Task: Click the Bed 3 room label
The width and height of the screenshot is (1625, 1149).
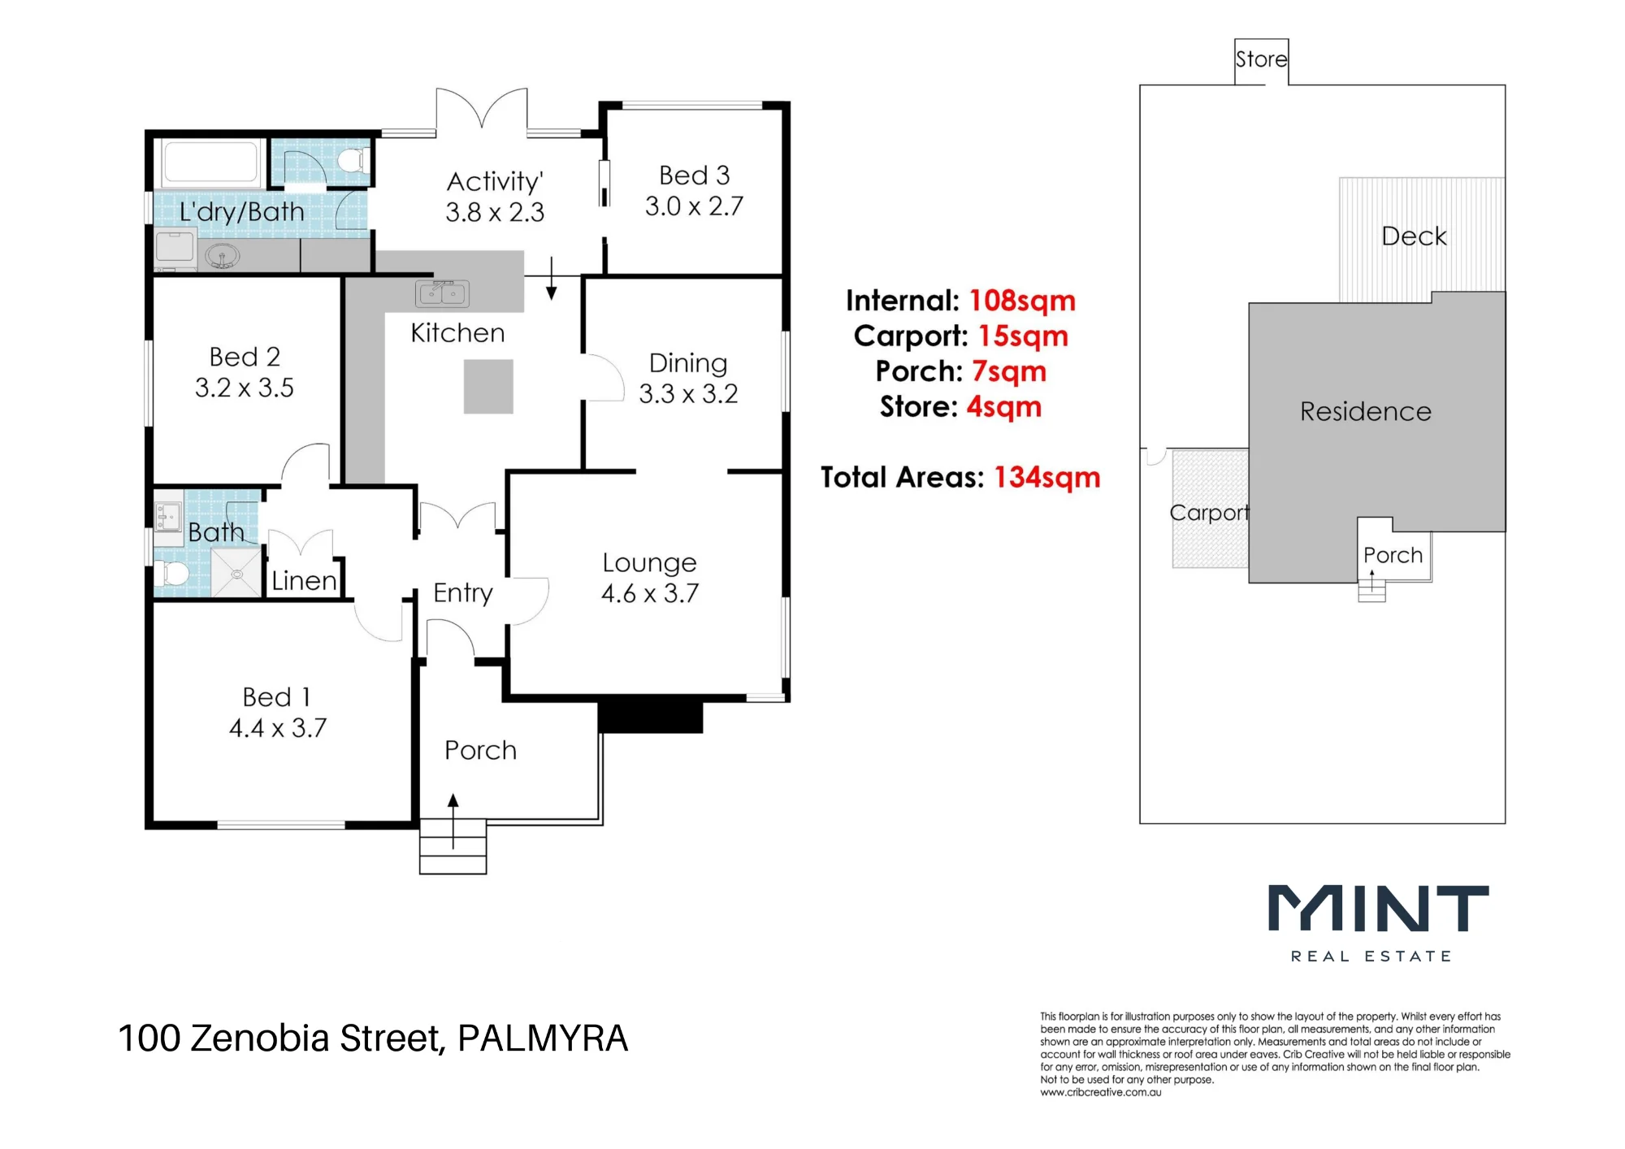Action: [x=694, y=176]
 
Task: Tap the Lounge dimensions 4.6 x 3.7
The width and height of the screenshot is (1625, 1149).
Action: [x=650, y=593]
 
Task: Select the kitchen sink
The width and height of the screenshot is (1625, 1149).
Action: [x=442, y=293]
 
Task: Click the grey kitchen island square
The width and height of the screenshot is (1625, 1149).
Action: [x=488, y=387]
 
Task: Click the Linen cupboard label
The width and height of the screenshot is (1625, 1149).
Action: [x=304, y=581]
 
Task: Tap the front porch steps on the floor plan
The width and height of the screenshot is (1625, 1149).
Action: [x=453, y=848]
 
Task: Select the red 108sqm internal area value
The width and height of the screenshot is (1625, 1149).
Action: [x=1022, y=301]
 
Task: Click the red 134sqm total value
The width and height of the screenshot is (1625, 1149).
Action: [x=1047, y=477]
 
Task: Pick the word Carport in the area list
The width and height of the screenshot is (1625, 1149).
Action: [x=910, y=336]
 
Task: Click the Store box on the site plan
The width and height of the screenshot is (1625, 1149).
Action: [x=1261, y=61]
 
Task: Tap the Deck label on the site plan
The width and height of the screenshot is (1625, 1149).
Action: [x=1414, y=236]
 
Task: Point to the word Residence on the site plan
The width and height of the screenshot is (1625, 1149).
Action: [x=1366, y=411]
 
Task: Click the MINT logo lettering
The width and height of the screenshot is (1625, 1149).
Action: [x=1379, y=908]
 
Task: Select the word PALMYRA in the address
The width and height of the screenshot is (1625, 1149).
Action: [x=543, y=1038]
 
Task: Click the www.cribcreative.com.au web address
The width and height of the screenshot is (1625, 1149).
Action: [x=1101, y=1093]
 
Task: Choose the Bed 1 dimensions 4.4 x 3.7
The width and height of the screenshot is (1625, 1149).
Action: [x=278, y=728]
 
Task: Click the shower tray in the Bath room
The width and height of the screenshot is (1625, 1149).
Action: [x=236, y=573]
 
